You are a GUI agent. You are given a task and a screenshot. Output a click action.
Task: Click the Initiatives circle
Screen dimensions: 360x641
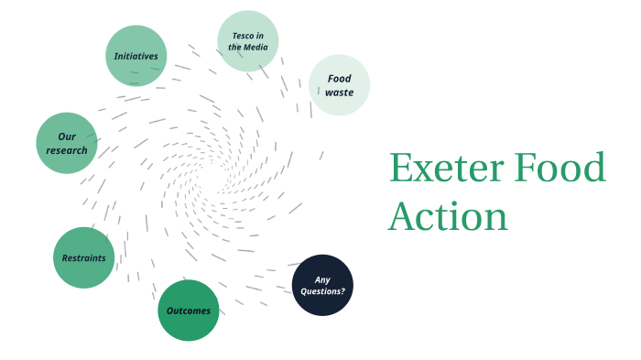136,56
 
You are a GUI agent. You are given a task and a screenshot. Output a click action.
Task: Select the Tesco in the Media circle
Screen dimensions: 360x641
248,41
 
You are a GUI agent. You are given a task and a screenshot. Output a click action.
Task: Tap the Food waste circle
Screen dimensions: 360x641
339,85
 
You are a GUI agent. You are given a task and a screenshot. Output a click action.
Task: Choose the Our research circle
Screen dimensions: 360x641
67,143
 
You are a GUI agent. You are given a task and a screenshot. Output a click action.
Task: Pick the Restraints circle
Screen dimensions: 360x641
84,257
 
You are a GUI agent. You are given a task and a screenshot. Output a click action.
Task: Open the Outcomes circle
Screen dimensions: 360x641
189,311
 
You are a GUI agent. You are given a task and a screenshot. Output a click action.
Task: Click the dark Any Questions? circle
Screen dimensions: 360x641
322,285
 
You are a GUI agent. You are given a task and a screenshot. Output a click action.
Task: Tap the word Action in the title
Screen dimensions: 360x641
448,216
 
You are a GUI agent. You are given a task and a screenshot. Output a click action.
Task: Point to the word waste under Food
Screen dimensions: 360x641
339,93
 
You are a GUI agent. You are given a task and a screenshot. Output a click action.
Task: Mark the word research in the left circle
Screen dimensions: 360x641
67,150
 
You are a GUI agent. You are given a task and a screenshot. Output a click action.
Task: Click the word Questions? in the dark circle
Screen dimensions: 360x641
322,291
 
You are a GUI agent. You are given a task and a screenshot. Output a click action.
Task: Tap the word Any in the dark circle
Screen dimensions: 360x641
322,279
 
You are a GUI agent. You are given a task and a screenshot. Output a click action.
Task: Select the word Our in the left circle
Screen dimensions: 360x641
67,136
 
